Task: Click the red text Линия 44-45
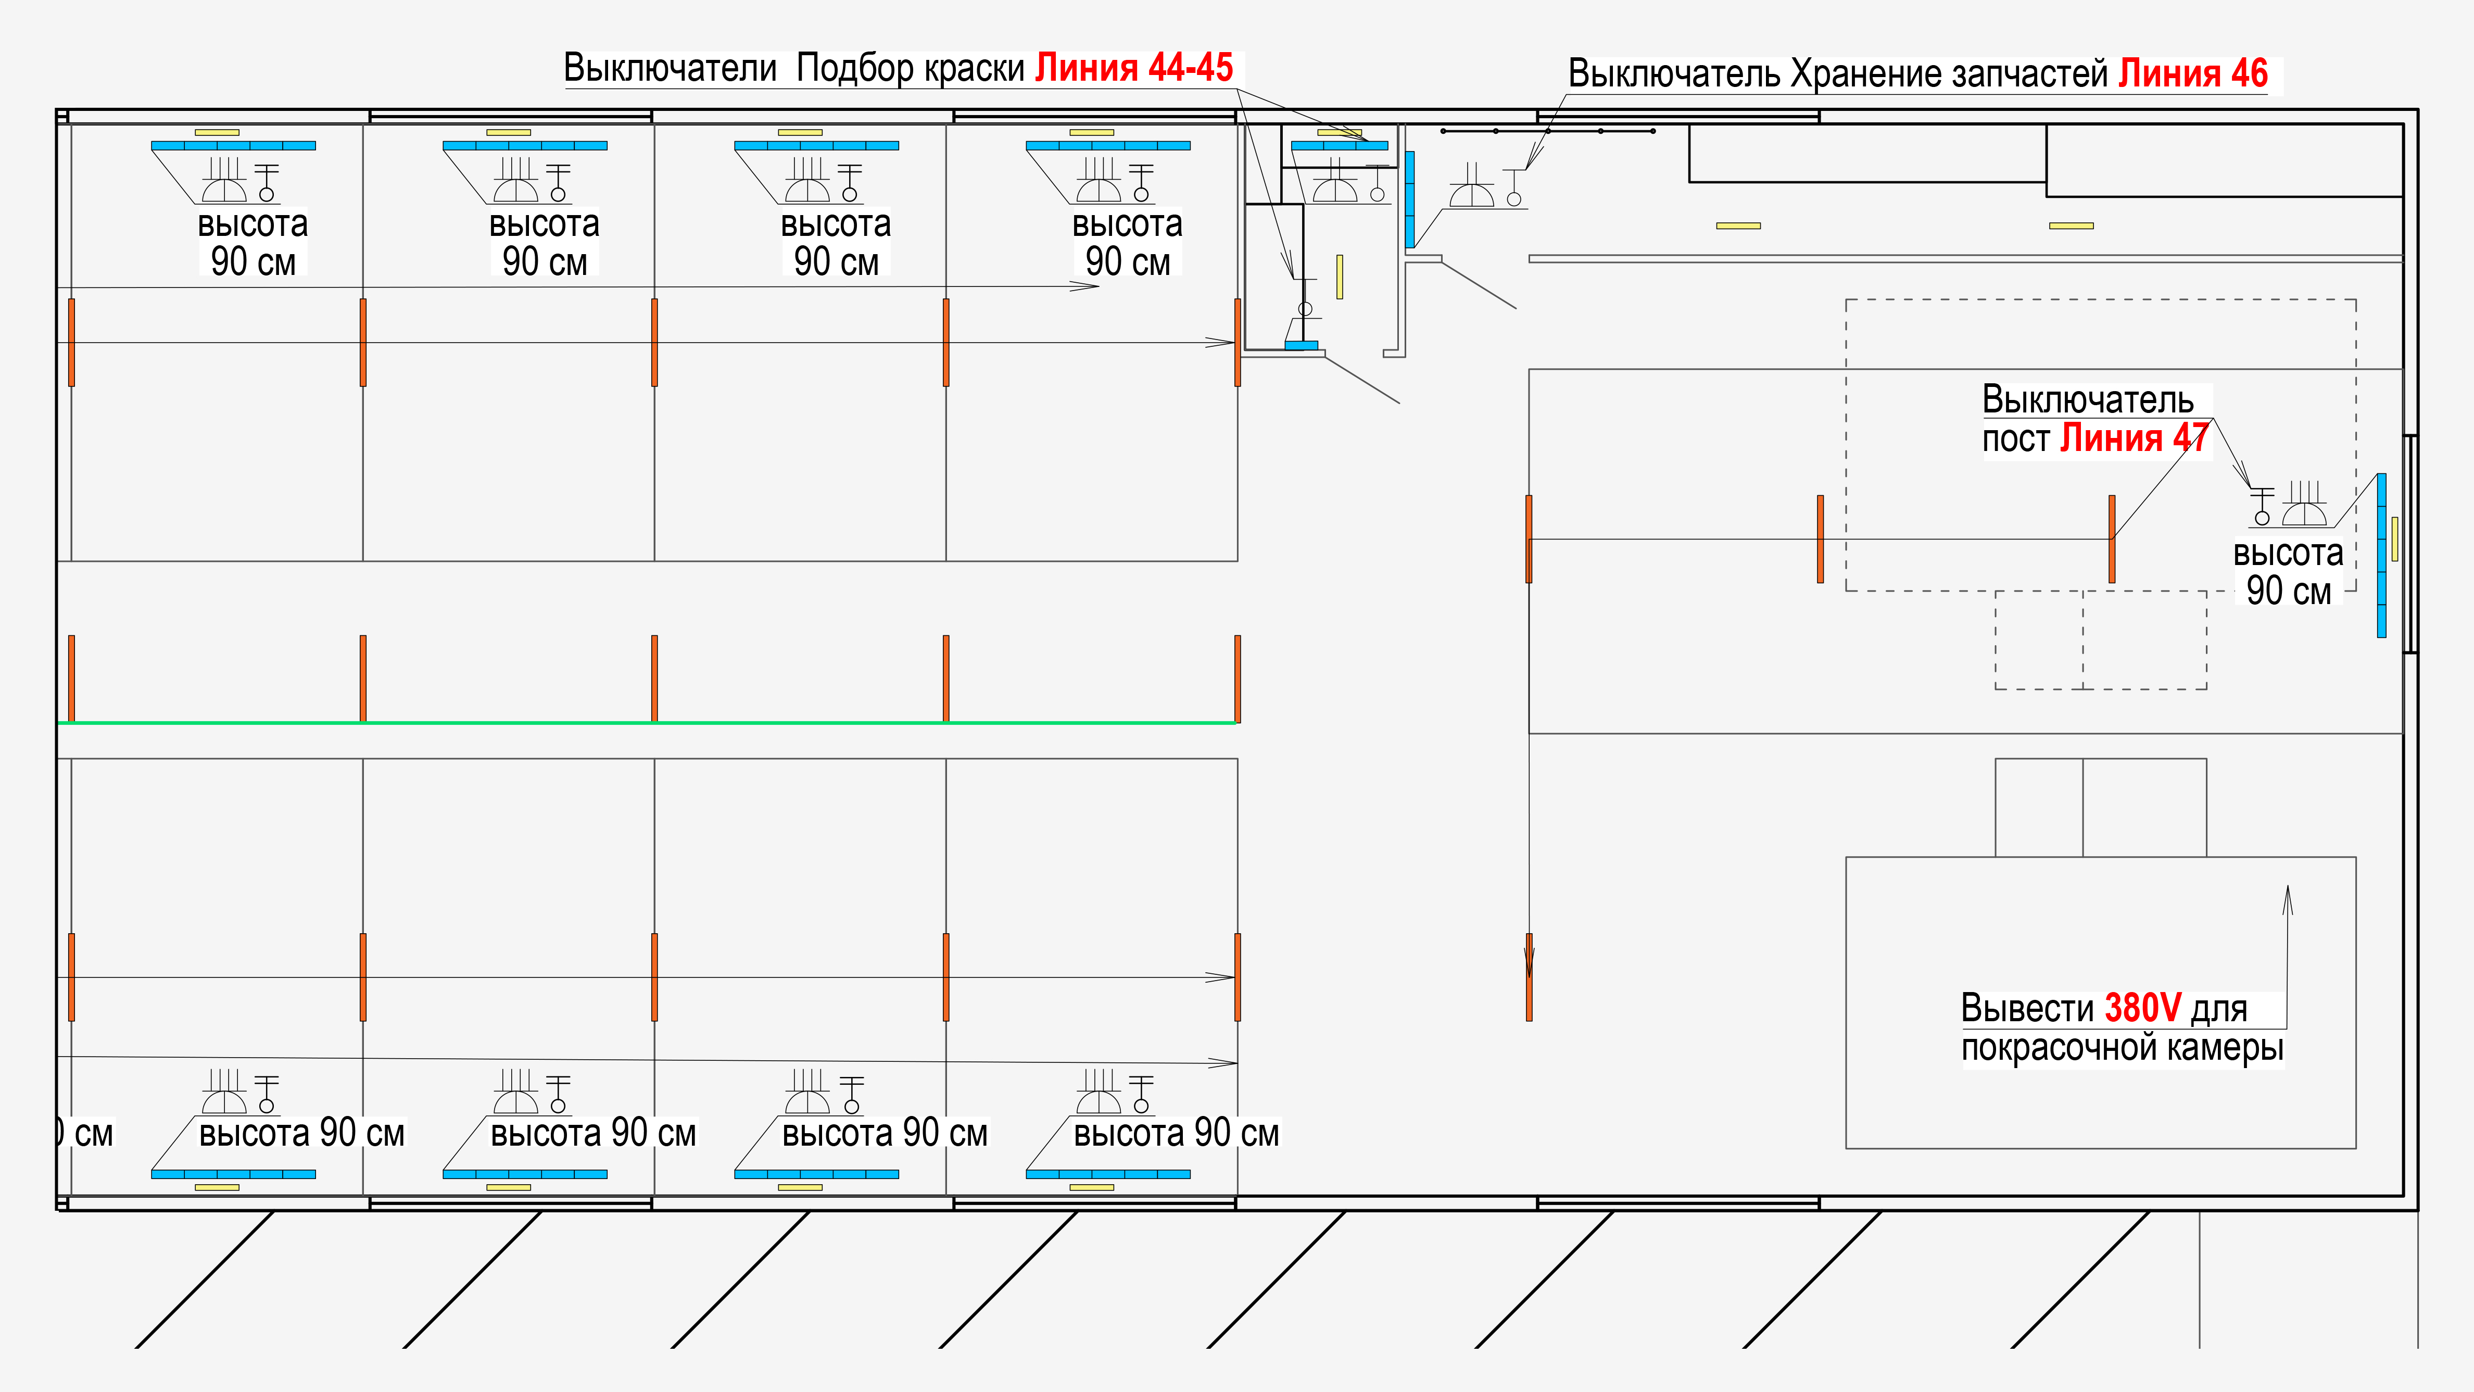(1133, 68)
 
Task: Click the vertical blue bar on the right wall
(2381, 555)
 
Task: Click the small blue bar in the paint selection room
(1302, 345)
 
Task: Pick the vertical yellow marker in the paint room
(1339, 277)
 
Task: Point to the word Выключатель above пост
(2088, 399)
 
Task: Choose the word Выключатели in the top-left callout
(670, 68)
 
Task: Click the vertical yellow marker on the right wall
(2394, 539)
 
